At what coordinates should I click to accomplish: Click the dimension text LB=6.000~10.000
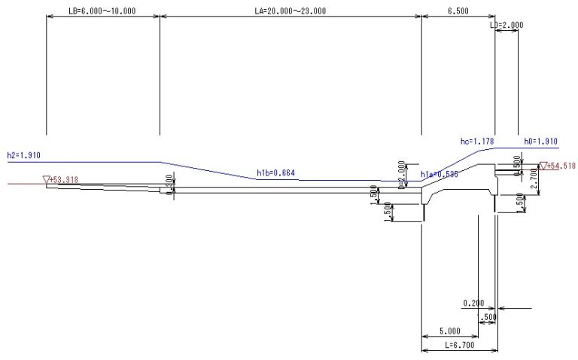[102, 13]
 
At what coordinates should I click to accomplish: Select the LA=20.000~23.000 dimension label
[291, 13]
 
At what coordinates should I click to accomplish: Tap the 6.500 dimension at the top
[458, 13]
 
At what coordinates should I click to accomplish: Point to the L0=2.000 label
[506, 25]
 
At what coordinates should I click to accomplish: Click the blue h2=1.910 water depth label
[23, 155]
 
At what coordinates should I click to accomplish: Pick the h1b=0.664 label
[275, 173]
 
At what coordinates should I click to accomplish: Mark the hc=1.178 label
[476, 141]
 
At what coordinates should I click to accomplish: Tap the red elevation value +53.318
[64, 179]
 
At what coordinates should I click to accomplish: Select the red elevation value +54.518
[561, 166]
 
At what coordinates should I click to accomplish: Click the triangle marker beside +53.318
[46, 179]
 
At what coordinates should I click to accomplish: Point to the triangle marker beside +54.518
[543, 166]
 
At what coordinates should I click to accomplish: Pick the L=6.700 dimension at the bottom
[458, 345]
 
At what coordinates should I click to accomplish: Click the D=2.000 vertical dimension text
[402, 172]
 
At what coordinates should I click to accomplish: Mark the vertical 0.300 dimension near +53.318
[170, 183]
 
